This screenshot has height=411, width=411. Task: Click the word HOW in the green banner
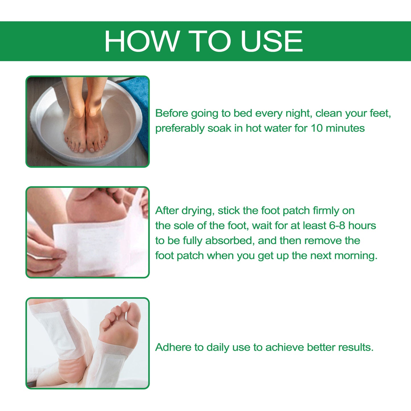tap(142, 42)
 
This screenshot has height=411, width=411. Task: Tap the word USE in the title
tap(271, 42)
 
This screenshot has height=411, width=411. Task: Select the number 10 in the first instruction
tap(316, 128)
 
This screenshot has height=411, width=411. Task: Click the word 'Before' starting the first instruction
tap(172, 113)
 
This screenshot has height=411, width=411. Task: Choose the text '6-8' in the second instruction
tap(337, 226)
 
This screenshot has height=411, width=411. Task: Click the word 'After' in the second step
tap(167, 211)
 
